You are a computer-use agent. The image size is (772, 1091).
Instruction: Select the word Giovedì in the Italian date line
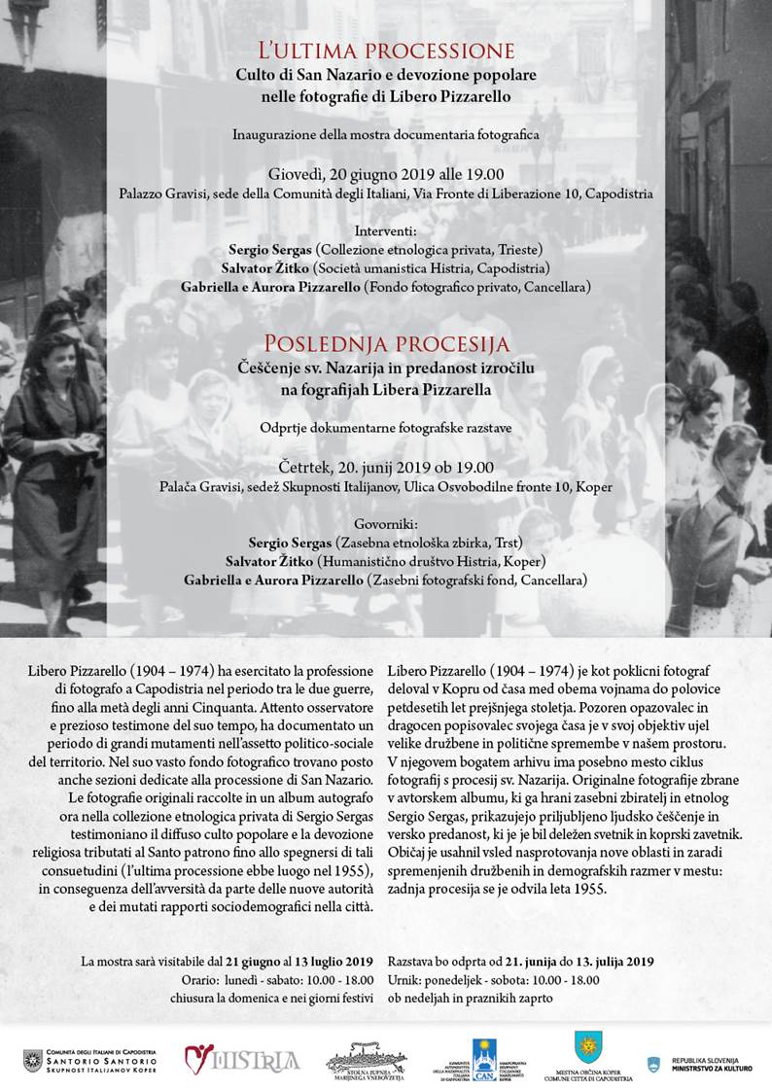point(275,175)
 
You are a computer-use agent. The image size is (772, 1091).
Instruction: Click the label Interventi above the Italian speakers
point(385,231)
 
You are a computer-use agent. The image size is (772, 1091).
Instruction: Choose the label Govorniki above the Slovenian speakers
point(386,522)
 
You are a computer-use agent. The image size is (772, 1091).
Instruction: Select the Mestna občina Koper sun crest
point(587,1047)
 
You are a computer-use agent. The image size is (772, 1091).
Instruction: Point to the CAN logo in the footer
point(484,1054)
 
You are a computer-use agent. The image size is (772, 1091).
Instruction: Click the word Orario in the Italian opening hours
point(200,979)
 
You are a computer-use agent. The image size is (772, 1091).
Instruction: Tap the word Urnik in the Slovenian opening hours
point(404,979)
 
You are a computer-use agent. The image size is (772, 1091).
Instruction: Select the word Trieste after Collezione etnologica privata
point(517,249)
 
